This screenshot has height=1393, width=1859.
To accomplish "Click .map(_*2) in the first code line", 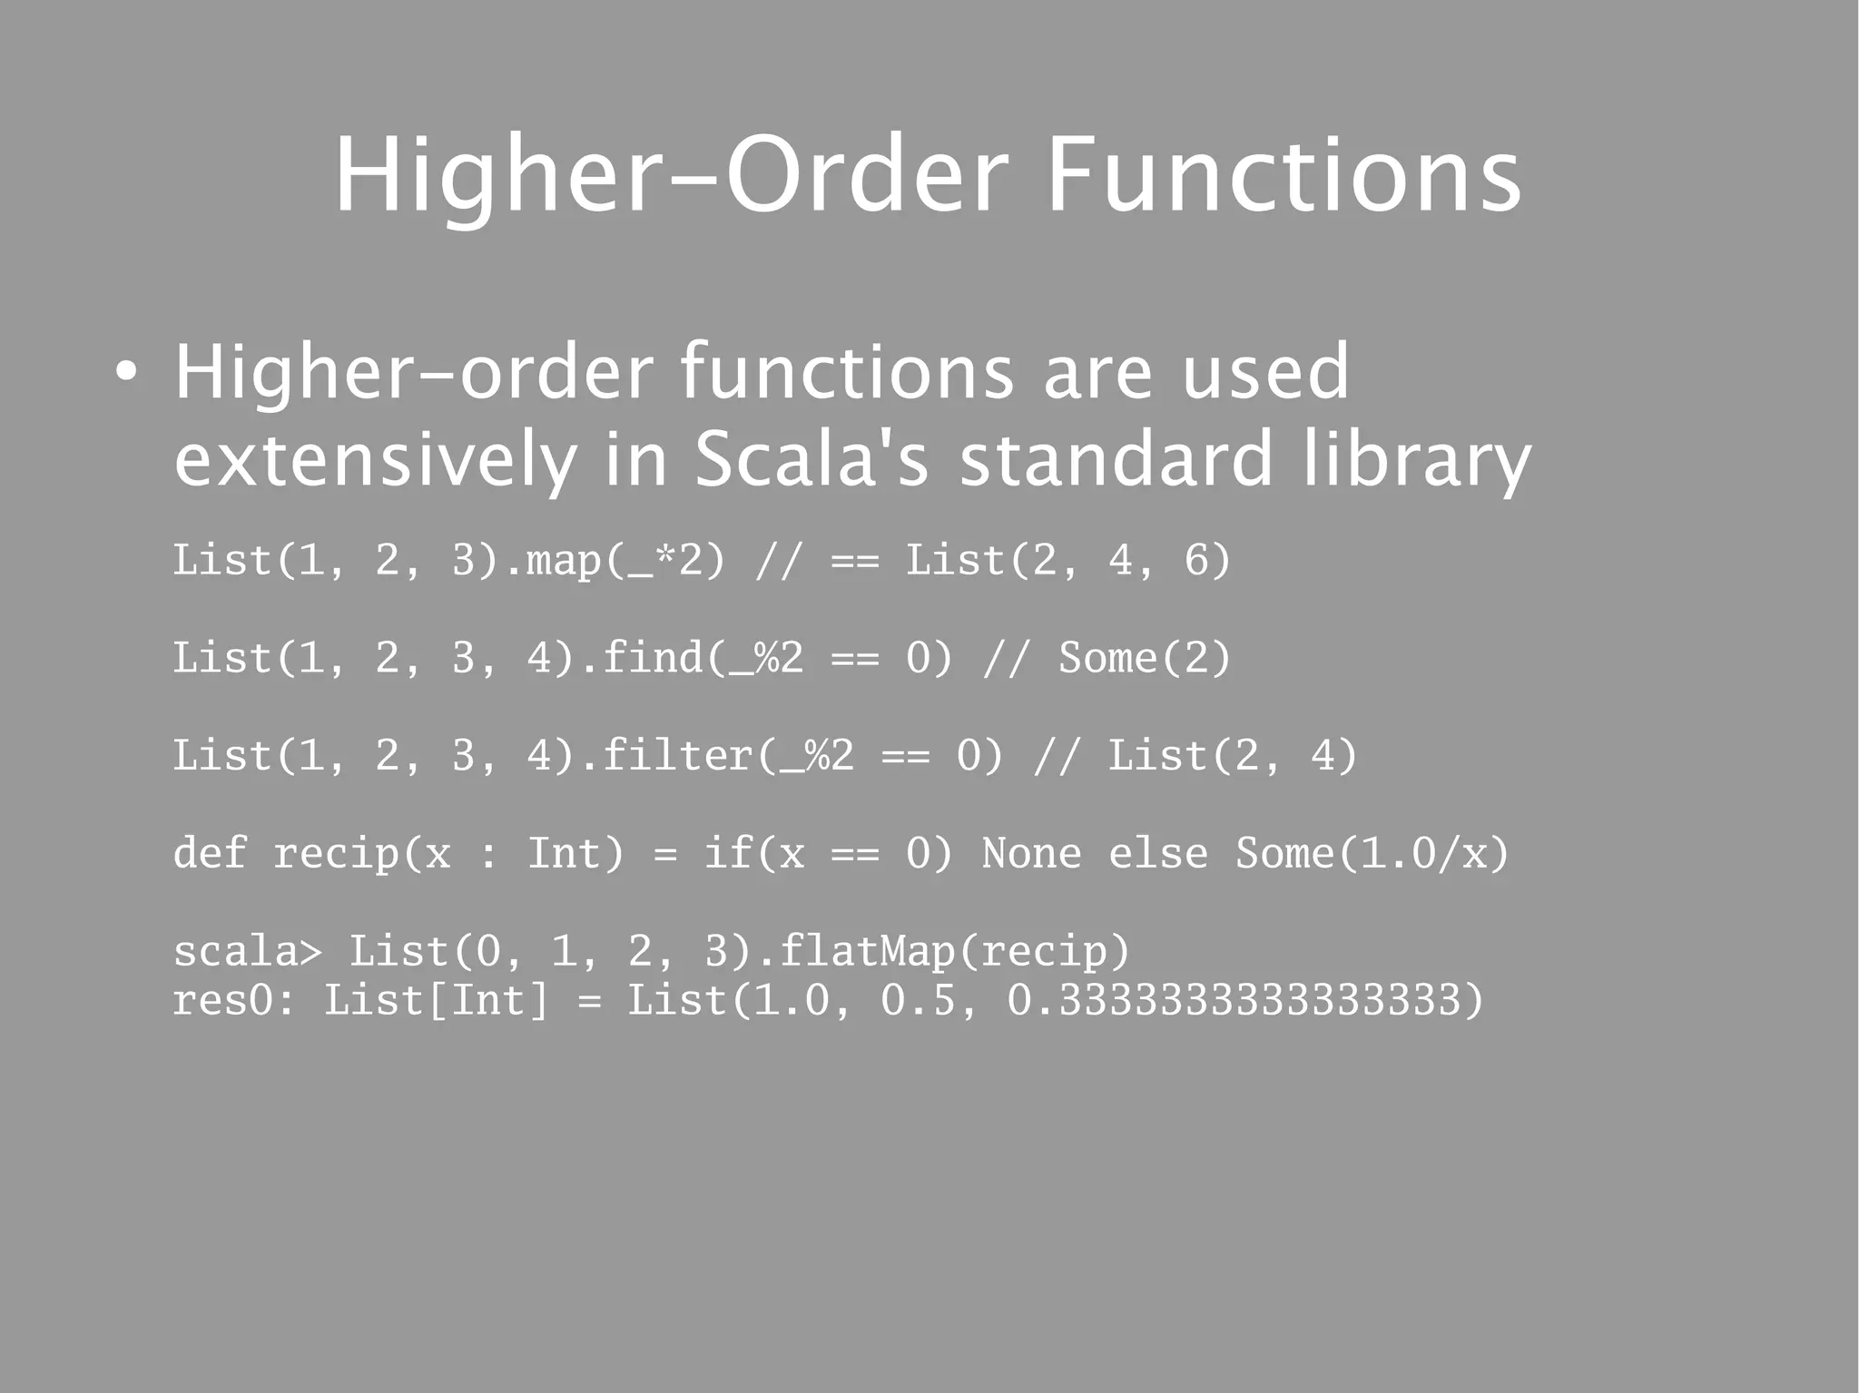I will [x=615, y=560].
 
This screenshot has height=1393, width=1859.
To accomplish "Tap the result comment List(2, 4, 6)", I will [x=1068, y=560].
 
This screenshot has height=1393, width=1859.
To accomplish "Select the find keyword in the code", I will [x=652, y=658].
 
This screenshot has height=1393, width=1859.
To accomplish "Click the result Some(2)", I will [x=1144, y=658].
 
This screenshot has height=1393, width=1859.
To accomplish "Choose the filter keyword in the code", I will [x=677, y=756].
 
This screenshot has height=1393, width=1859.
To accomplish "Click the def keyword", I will [x=210, y=853].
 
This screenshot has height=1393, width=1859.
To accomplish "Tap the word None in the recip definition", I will [x=1031, y=853].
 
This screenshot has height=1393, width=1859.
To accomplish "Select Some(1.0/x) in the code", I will [x=1372, y=853].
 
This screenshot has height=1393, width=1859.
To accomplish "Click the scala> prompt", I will [x=247, y=951].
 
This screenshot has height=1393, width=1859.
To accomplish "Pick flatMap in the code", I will [x=867, y=951].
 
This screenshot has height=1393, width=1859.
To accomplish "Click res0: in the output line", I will [x=234, y=1000].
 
